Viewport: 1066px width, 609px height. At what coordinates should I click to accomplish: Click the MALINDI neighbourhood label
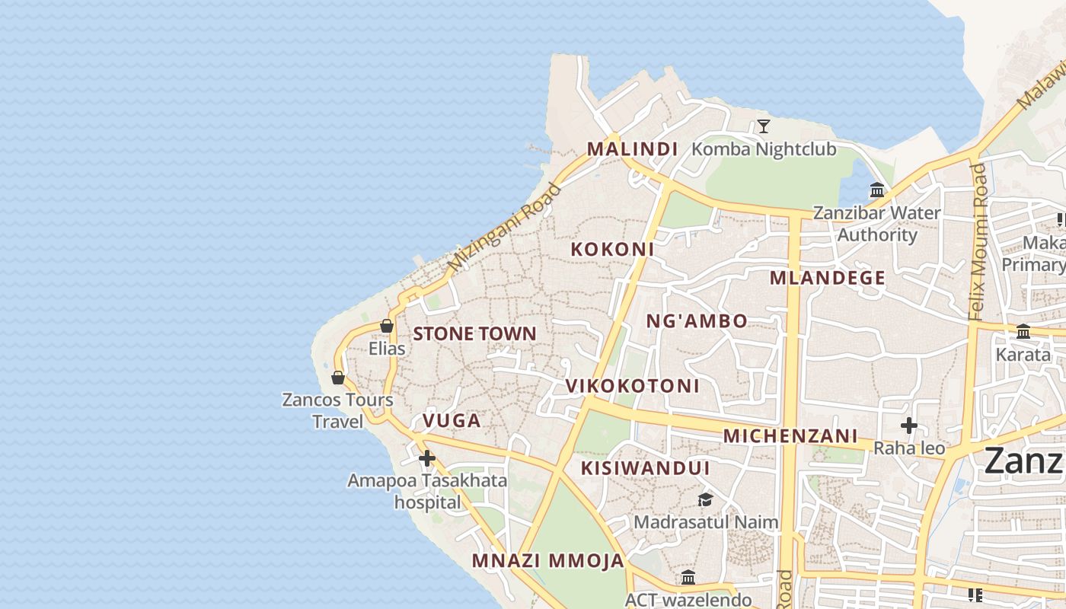(x=632, y=149)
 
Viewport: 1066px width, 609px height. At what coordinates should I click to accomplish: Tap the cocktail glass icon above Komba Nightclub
(x=764, y=126)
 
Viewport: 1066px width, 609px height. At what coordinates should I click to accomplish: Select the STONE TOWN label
(x=474, y=333)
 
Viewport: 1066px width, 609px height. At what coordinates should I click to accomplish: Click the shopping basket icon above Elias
(x=387, y=326)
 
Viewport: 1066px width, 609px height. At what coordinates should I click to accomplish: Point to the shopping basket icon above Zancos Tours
(x=338, y=377)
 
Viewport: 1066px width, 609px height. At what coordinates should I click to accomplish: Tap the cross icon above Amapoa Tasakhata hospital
(x=427, y=458)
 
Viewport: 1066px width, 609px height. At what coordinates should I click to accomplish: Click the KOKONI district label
(x=612, y=249)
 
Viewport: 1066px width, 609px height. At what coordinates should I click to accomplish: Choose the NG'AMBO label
(x=697, y=321)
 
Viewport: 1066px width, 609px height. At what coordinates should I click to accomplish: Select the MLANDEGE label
(x=827, y=278)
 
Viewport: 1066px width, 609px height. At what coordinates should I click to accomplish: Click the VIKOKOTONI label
(x=632, y=386)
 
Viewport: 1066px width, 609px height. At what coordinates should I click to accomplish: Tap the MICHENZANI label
(x=790, y=436)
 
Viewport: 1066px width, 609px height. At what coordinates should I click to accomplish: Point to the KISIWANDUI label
(x=645, y=468)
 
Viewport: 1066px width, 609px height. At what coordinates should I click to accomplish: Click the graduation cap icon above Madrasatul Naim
(x=706, y=499)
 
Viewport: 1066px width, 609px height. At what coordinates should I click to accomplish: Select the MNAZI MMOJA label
(x=547, y=561)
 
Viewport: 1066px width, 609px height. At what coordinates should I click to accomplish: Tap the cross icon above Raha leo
(x=908, y=426)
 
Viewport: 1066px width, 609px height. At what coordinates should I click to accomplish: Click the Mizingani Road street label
(x=497, y=228)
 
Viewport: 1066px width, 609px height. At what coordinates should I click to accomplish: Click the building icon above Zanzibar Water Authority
(x=877, y=190)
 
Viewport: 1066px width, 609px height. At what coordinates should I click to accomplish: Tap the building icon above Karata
(x=1023, y=331)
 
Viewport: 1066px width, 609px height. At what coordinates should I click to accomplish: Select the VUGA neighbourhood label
(x=452, y=421)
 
